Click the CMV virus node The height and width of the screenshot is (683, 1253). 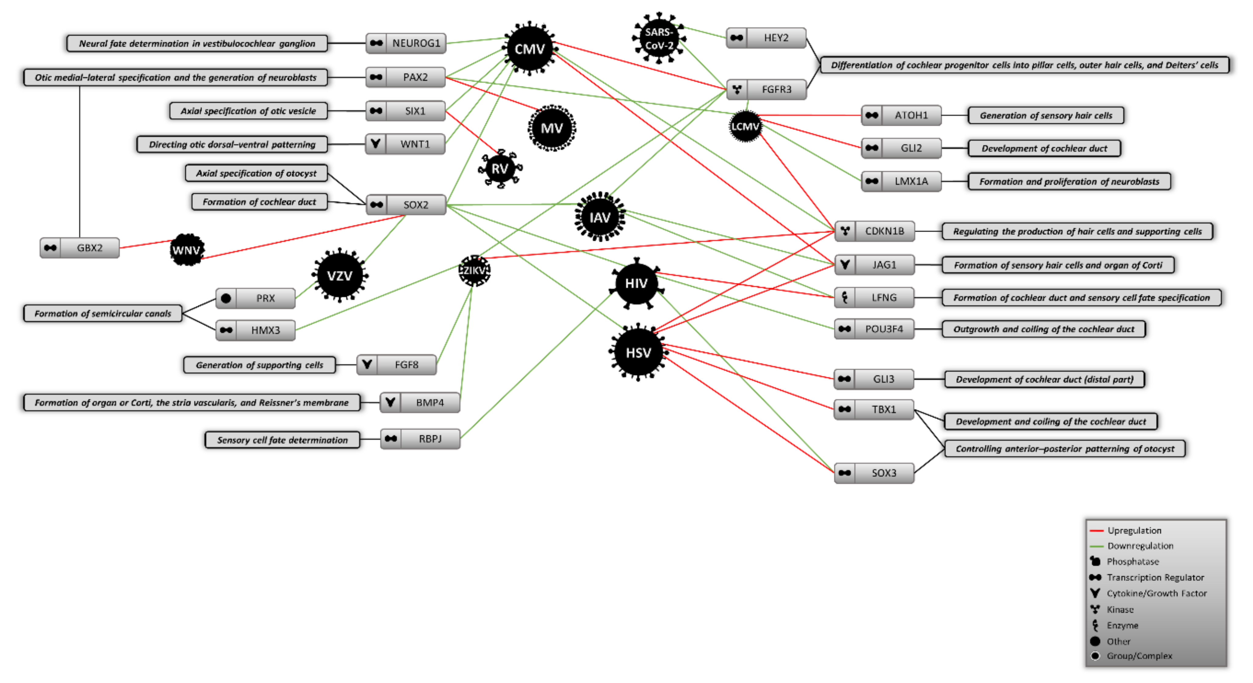pyautogui.click(x=529, y=48)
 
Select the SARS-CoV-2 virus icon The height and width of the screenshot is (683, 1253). pyautogui.click(x=659, y=38)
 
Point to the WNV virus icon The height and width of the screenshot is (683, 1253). pyautogui.click(x=186, y=250)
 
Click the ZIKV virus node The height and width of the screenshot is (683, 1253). pyautogui.click(x=474, y=270)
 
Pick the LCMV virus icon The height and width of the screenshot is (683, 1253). pyautogui.click(x=745, y=127)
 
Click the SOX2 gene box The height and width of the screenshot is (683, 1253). pyautogui.click(x=406, y=205)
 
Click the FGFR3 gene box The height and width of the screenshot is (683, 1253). pyautogui.click(x=766, y=89)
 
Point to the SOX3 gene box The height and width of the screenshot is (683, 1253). pyautogui.click(x=874, y=473)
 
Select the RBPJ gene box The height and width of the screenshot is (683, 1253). pyautogui.click(x=420, y=439)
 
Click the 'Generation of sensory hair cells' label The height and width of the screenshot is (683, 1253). pyautogui.click(x=1046, y=115)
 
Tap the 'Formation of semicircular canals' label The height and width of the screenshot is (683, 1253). pyautogui.click(x=102, y=313)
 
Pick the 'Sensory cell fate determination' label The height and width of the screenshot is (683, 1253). pyautogui.click(x=282, y=440)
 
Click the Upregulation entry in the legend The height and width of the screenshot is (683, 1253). pyautogui.click(x=1133, y=530)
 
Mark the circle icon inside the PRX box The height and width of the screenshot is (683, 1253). pyautogui.click(x=226, y=299)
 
